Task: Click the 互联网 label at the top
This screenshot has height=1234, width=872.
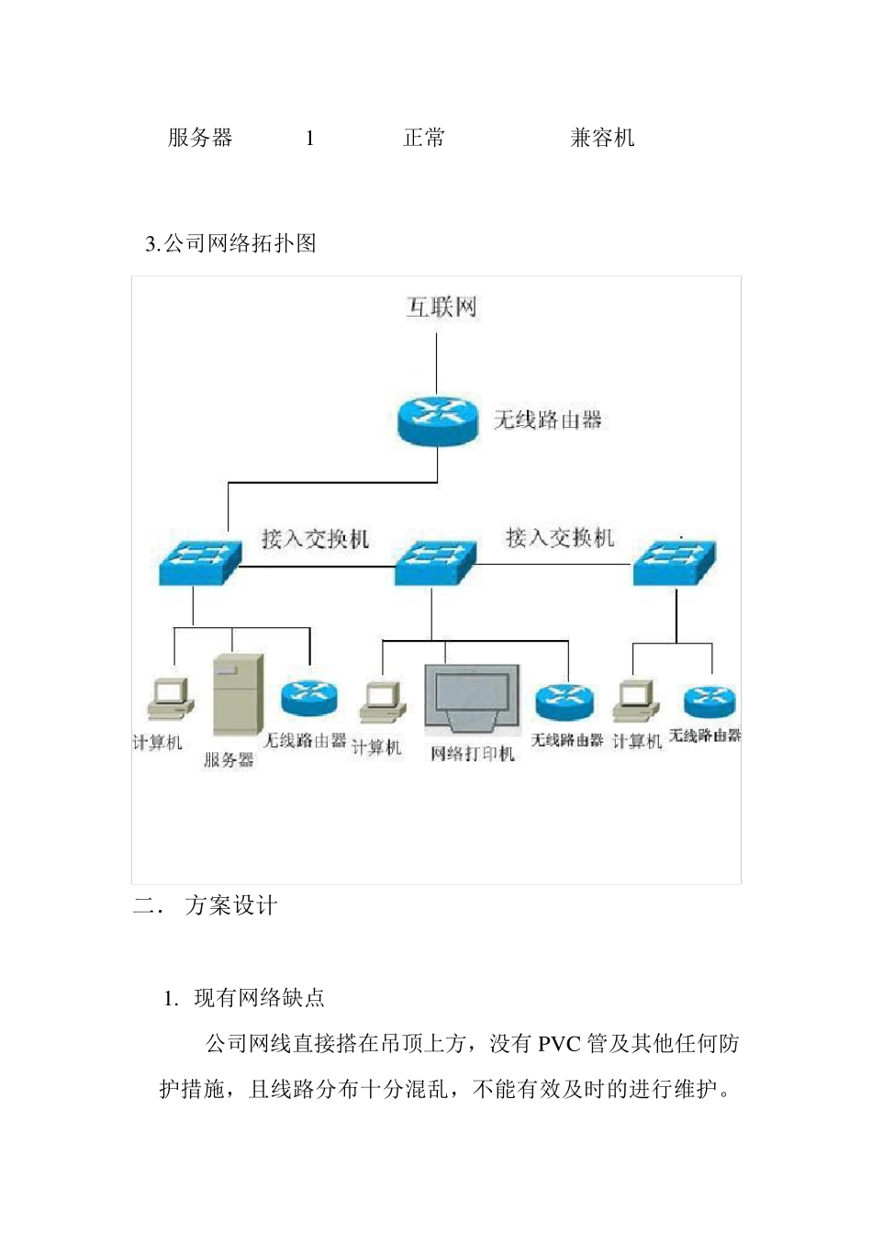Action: coord(442,307)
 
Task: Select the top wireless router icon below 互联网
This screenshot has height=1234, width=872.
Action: coord(438,421)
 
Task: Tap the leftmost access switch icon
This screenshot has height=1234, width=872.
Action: coord(200,561)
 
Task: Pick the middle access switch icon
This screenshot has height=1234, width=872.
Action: coord(435,562)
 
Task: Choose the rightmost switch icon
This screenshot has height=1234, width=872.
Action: coord(675,561)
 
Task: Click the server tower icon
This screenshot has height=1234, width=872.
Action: coord(238,694)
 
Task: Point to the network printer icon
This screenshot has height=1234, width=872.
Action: coord(473,699)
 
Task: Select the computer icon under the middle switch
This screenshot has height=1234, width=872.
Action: coord(383,702)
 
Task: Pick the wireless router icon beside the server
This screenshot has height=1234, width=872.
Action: coord(309,697)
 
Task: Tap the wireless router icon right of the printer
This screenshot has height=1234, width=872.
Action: coord(564,701)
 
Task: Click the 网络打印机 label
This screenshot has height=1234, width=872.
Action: coord(473,754)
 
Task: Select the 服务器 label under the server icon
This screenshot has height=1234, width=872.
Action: coord(229,759)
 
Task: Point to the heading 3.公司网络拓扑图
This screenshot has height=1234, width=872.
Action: coord(230,243)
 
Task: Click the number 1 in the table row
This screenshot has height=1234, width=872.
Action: coord(310,139)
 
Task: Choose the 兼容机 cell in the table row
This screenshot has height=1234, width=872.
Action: coord(602,138)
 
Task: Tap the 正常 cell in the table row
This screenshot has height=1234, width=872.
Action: coord(424,138)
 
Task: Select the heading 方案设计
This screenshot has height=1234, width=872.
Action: coord(231,906)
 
